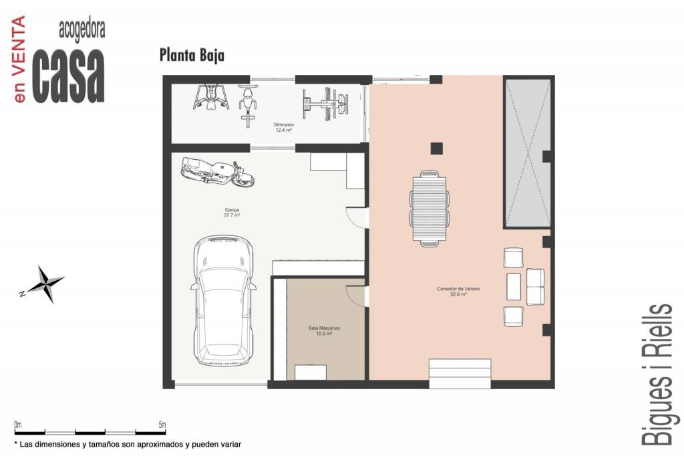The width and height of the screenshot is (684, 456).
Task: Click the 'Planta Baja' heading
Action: (192, 55)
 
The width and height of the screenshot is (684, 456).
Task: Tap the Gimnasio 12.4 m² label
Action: (283, 128)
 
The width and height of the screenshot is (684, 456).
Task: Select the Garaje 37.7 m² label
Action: (232, 213)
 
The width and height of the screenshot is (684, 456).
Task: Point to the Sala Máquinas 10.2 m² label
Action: (324, 331)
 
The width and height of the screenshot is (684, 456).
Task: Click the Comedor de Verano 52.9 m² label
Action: (458, 292)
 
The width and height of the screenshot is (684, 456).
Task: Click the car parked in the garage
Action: (223, 302)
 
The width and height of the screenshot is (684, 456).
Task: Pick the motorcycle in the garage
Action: (217, 171)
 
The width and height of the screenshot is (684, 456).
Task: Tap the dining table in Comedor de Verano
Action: (430, 209)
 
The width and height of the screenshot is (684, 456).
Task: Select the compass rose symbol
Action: (42, 284)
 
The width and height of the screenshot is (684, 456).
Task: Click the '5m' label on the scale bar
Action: (162, 425)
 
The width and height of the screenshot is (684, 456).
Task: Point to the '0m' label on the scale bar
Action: (18, 425)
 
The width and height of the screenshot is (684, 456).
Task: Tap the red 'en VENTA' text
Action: (19, 59)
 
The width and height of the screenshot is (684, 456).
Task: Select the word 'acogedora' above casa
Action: (82, 31)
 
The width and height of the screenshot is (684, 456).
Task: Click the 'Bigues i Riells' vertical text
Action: (657, 374)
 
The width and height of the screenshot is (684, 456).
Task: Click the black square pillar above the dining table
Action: (437, 148)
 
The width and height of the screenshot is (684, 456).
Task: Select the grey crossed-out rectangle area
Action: (527, 153)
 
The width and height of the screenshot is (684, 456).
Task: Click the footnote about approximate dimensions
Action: (128, 445)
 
